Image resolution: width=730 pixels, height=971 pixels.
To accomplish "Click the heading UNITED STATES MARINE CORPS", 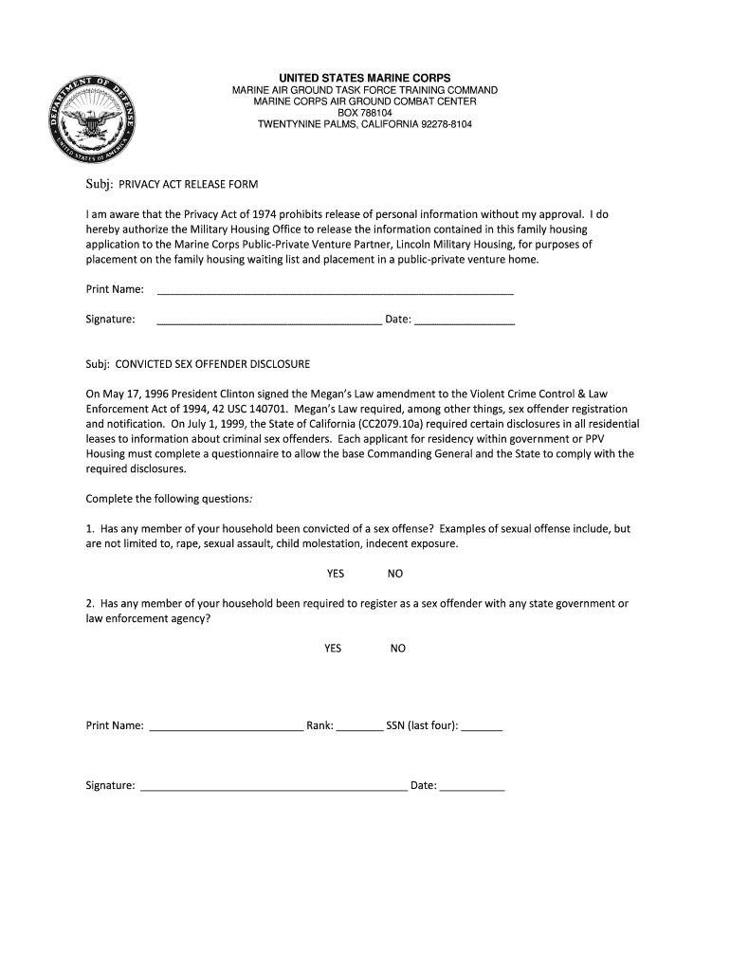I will [365, 77].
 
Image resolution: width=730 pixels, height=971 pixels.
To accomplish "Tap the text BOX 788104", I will [365, 113].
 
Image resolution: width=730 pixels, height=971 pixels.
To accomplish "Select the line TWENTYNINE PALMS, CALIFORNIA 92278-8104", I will [365, 124].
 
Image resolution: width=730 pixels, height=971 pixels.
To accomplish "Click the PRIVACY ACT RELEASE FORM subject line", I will [172, 184].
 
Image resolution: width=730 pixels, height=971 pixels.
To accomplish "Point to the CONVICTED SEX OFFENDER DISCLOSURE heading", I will [198, 364].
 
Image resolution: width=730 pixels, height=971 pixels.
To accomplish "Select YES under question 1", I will [336, 574].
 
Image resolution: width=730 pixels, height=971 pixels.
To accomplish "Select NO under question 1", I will [395, 574].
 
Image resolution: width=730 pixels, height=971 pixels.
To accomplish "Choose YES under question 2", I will [333, 649].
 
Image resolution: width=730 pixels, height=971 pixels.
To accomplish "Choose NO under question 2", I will [398, 649].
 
